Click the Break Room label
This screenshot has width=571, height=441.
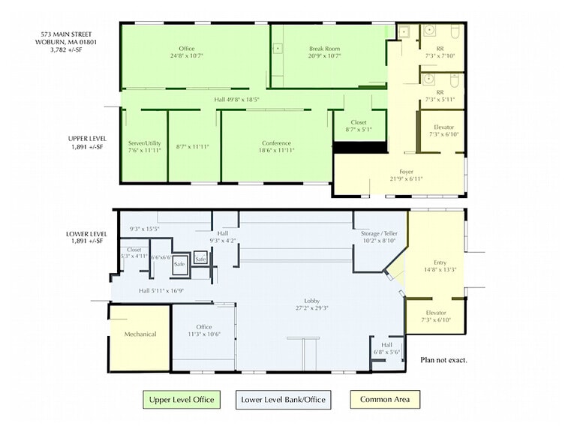click(x=324, y=49)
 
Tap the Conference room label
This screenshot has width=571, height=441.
click(x=276, y=143)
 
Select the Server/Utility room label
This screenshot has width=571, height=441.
click(x=144, y=143)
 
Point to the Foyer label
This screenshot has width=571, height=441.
click(x=406, y=172)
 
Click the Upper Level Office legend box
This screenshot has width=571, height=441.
click(x=182, y=400)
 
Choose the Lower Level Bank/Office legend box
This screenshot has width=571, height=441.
click(x=284, y=400)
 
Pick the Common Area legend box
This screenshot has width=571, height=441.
click(x=385, y=399)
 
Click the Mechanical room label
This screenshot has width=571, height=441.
click(x=140, y=334)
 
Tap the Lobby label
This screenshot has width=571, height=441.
click(x=312, y=301)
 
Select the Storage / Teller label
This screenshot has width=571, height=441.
click(x=379, y=233)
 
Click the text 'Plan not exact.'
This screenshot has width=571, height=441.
click(x=443, y=360)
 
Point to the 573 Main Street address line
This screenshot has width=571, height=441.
click(x=66, y=34)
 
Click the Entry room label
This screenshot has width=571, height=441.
click(x=440, y=262)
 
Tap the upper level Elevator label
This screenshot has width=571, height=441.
click(x=444, y=127)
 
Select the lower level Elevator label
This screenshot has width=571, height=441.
click(x=436, y=313)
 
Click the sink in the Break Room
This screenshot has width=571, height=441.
click(x=278, y=48)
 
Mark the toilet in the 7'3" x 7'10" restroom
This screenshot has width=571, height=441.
click(x=455, y=31)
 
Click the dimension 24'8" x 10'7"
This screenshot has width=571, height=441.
click(x=186, y=56)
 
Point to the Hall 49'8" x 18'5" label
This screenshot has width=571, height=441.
click(x=236, y=99)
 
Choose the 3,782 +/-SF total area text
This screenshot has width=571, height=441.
click(x=66, y=49)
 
